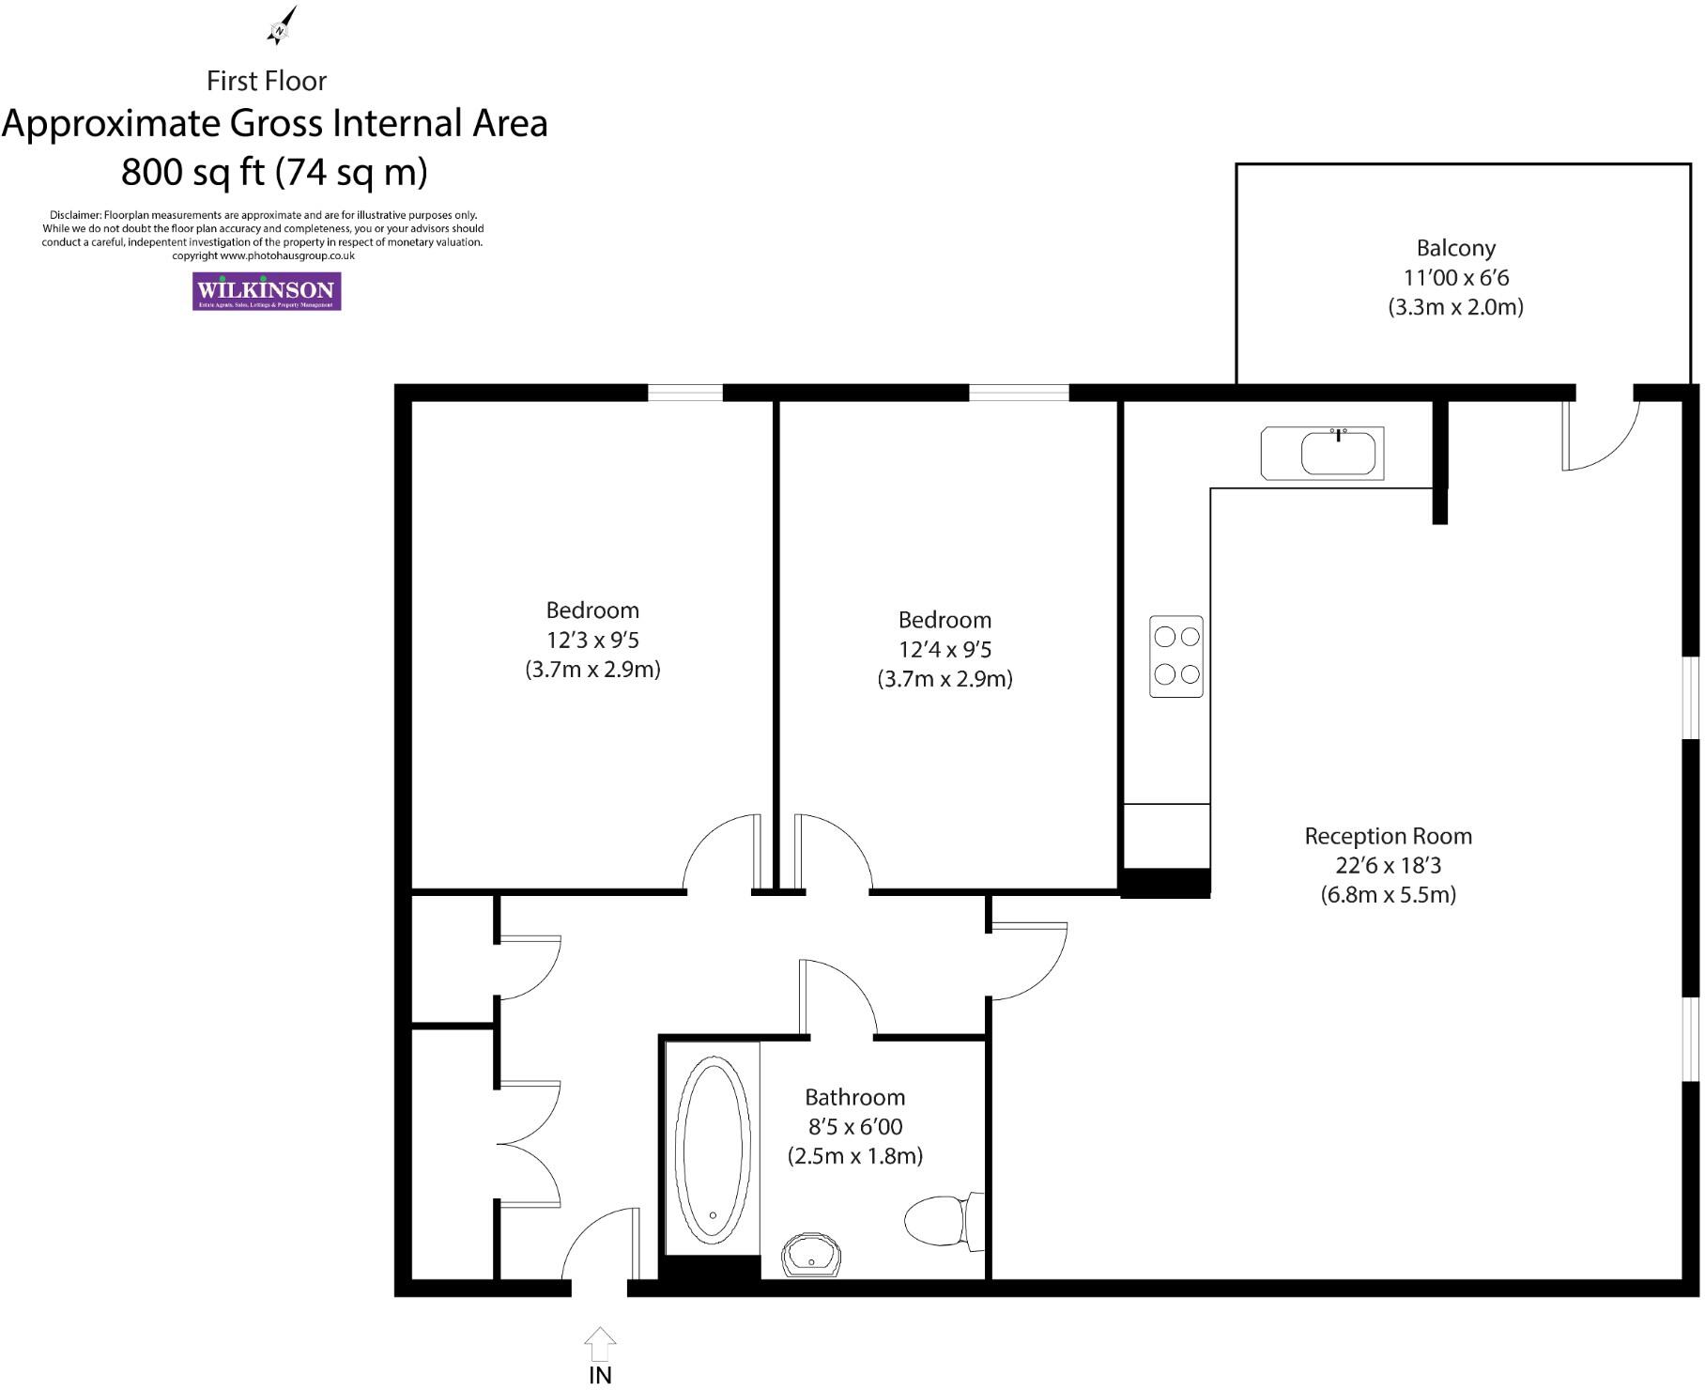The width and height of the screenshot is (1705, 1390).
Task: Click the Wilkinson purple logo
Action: click(x=267, y=291)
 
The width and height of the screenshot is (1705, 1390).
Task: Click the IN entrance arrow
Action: click(x=600, y=1343)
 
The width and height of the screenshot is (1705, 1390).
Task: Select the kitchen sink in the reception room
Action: click(x=1337, y=455)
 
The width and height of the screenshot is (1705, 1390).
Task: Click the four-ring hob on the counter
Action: click(x=1176, y=656)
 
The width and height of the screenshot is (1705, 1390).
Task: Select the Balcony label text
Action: click(x=1455, y=249)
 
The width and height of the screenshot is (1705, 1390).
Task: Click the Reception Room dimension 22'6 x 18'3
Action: click(x=1388, y=866)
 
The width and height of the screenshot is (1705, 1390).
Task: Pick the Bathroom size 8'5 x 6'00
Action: click(x=854, y=1127)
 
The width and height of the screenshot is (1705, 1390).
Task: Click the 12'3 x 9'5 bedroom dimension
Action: click(x=592, y=641)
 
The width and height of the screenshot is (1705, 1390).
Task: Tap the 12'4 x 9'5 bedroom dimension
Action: click(x=945, y=650)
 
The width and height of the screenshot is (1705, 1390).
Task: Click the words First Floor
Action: click(x=267, y=82)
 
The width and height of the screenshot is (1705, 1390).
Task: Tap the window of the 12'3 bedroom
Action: click(x=684, y=394)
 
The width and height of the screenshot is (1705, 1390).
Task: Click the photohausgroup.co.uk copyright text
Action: click(x=263, y=255)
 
